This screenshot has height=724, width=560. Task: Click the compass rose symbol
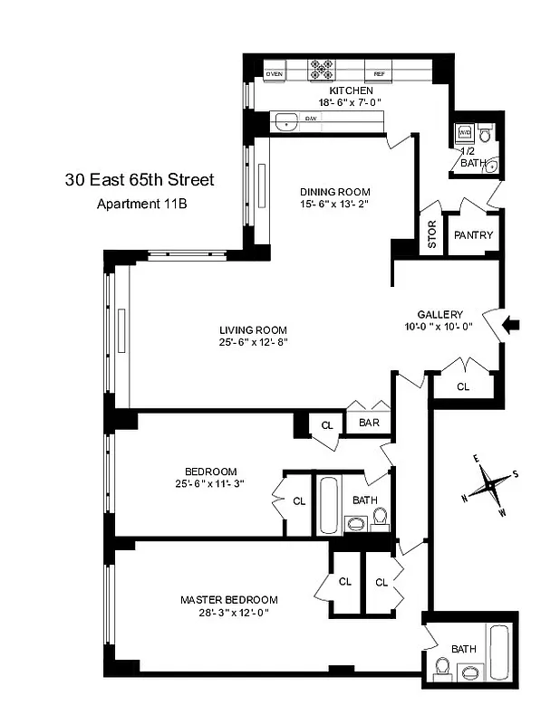489,487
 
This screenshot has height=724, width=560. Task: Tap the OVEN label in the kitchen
275,74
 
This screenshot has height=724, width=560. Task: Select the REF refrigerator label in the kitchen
378,74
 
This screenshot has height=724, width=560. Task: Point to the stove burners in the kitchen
323,67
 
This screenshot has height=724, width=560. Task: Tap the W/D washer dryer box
465,129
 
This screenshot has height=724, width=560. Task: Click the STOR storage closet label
432,234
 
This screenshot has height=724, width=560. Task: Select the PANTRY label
474,235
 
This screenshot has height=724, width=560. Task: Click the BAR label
368,423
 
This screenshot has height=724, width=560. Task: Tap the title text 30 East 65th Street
140,180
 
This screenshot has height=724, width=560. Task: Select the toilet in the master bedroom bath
442,668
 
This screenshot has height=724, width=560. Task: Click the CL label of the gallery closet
463,386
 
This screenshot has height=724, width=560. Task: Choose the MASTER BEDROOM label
228,600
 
